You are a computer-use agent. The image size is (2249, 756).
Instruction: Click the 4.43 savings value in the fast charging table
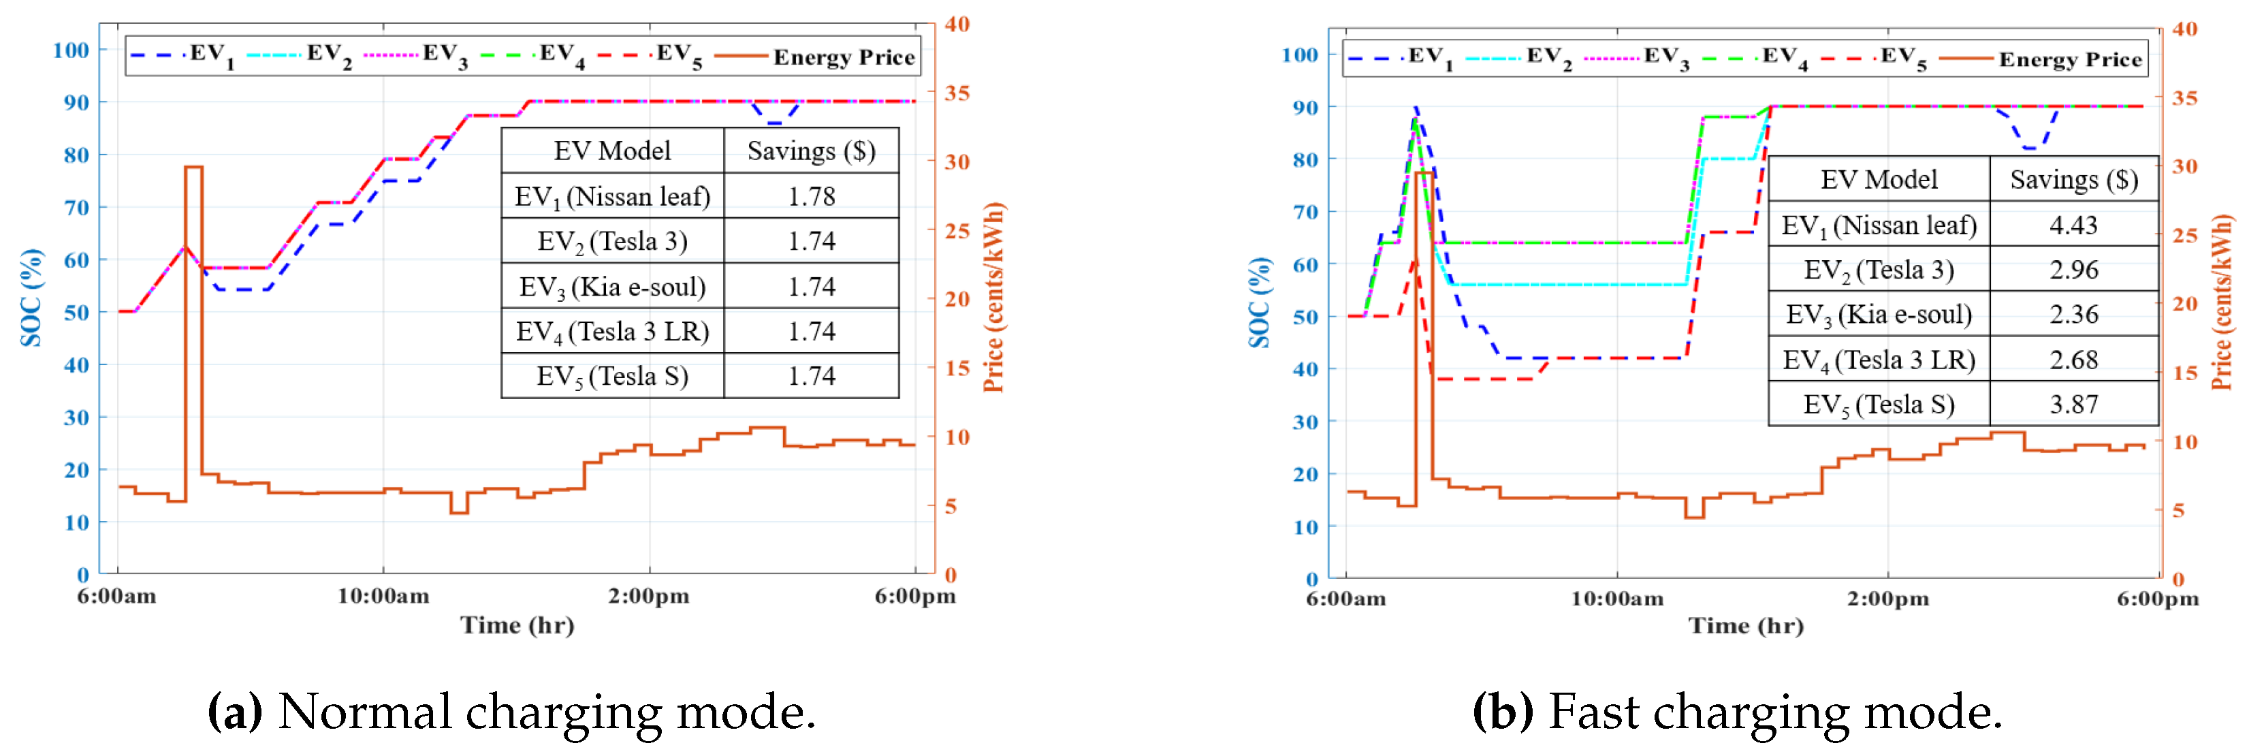click(x=2073, y=225)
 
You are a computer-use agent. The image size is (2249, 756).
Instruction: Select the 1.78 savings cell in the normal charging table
click(x=811, y=196)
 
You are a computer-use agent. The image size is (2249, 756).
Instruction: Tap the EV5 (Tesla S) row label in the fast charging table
click(x=1879, y=405)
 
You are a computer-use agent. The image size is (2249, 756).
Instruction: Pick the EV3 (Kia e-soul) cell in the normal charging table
click(x=612, y=287)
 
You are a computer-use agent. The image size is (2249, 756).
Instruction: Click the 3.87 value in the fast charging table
click(x=2073, y=405)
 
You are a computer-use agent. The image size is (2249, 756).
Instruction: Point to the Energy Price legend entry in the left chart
click(x=844, y=58)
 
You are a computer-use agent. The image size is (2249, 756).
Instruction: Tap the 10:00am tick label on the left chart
click(x=383, y=596)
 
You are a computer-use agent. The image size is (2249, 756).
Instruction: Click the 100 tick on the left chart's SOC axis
click(x=71, y=50)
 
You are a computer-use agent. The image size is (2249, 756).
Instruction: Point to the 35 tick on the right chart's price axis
click(x=2184, y=98)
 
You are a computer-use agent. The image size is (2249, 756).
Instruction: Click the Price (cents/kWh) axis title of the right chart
click(x=2221, y=301)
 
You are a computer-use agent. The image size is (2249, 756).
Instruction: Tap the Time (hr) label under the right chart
click(x=1745, y=626)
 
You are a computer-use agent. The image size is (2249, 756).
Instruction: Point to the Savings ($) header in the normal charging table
click(x=811, y=152)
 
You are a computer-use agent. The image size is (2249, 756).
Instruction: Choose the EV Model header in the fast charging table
click(x=1879, y=180)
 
